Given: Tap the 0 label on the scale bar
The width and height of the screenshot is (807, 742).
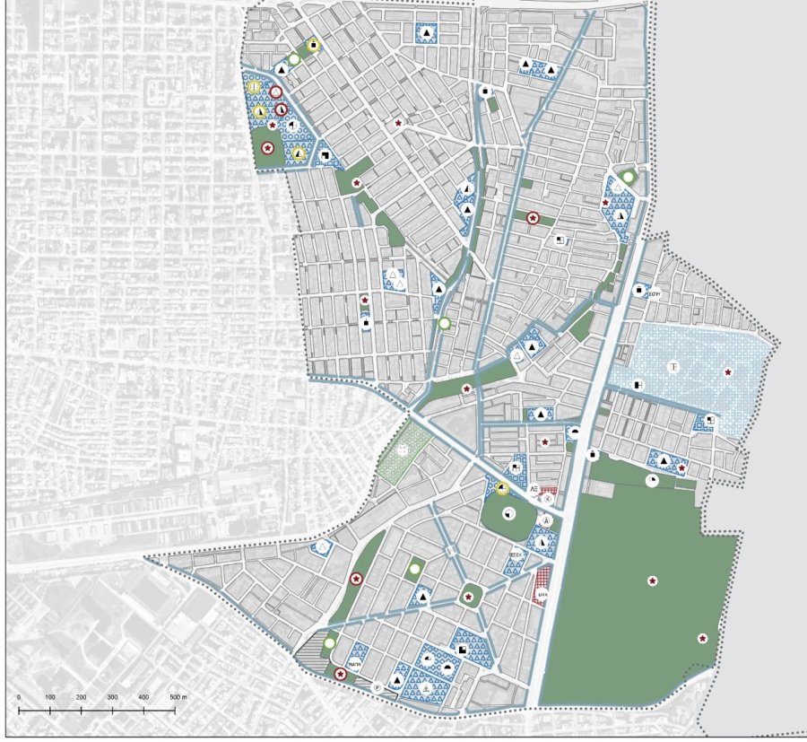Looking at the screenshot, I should (x=19, y=697).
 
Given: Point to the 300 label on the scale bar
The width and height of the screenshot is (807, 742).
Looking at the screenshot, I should (x=112, y=697).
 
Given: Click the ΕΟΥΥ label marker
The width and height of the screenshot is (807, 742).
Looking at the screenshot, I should (x=655, y=290).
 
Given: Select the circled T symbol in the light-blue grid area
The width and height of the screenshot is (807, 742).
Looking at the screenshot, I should (x=673, y=368).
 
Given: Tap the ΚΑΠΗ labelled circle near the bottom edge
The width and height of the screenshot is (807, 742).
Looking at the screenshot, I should (x=352, y=663).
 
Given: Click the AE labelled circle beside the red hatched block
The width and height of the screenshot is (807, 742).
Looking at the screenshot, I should (x=534, y=489).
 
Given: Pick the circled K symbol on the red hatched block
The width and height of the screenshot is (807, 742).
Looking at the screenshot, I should (x=548, y=497).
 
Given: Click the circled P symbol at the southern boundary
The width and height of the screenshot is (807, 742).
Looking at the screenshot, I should (x=377, y=687).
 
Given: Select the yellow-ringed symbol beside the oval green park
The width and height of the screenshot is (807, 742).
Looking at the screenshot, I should (x=502, y=489).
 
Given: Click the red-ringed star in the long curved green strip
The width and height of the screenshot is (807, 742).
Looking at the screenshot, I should (x=356, y=579).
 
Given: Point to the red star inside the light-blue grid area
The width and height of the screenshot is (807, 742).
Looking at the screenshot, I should (x=727, y=372).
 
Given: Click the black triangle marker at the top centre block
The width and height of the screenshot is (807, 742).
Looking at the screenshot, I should (x=427, y=33).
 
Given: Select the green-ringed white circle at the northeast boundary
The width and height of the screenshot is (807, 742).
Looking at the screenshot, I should (x=629, y=178).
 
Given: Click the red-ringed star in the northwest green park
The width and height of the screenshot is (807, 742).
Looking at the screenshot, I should (x=266, y=147).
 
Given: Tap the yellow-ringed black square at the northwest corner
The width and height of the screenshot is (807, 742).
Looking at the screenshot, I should (x=313, y=45).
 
